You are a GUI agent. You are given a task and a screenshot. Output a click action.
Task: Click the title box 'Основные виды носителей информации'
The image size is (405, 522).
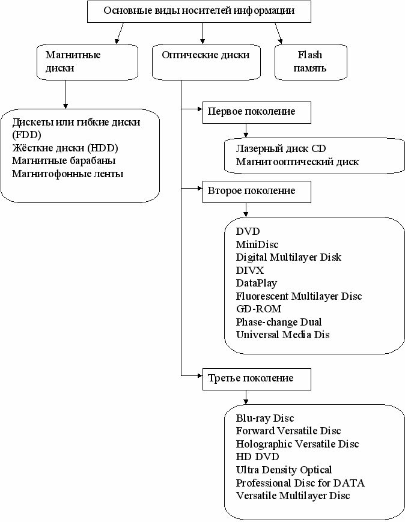tap(199, 11)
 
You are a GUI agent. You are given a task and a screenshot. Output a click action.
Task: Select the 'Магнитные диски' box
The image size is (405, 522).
tap(87, 62)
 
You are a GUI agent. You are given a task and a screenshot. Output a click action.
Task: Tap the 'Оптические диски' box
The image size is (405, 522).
tap(206, 62)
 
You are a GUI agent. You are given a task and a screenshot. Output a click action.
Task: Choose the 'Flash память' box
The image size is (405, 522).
tap(311, 62)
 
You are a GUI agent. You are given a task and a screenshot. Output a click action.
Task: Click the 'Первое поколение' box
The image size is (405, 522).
tap(257, 112)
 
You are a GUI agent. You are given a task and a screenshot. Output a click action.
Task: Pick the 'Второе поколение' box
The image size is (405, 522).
tap(257, 192)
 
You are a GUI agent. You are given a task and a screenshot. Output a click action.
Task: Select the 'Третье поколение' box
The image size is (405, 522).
tap(257, 379)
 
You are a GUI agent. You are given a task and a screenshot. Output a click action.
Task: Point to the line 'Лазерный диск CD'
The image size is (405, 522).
tap(281, 148)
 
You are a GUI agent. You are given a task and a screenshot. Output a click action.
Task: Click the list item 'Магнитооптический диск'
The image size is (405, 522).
tap(297, 162)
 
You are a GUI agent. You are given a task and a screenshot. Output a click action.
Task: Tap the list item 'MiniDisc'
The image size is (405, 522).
tap(257, 244)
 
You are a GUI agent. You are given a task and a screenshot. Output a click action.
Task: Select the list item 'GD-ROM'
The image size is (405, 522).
tap(259, 309)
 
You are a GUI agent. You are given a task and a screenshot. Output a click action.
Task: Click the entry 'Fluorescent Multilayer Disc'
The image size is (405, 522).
tap(299, 296)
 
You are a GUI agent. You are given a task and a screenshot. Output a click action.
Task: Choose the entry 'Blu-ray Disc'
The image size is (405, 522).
tap(265, 418)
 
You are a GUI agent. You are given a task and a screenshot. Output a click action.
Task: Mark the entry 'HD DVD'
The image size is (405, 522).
tap(257, 457)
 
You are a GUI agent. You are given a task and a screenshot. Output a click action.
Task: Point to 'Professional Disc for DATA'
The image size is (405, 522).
tap(300, 483)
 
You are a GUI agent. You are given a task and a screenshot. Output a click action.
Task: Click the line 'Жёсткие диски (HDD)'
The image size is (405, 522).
tap(65, 148)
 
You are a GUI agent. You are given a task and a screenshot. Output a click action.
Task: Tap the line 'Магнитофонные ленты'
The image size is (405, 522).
tap(68, 174)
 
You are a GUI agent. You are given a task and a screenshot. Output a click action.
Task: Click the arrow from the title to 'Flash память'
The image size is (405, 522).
tap(278, 33)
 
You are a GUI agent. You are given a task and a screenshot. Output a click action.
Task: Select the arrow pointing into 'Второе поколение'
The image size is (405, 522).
tap(192, 189)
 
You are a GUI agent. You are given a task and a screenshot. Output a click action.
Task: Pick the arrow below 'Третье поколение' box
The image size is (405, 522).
tap(246, 397)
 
